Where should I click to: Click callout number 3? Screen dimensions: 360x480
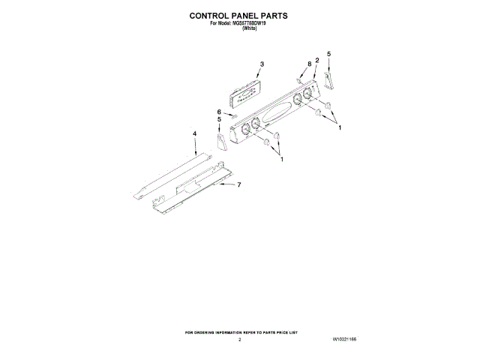pos(262,64)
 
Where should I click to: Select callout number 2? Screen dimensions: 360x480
pos(317,60)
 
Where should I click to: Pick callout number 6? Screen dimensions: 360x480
pos(219,111)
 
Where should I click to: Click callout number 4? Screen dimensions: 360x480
pos(194,133)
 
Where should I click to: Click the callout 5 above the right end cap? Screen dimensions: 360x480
pos(328,54)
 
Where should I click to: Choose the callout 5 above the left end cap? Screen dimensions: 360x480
pos(219,118)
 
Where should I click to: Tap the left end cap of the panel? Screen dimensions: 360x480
pos(221,141)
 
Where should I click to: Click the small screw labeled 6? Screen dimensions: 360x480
pos(234,116)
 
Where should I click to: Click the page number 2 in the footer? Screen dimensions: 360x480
pos(239,340)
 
